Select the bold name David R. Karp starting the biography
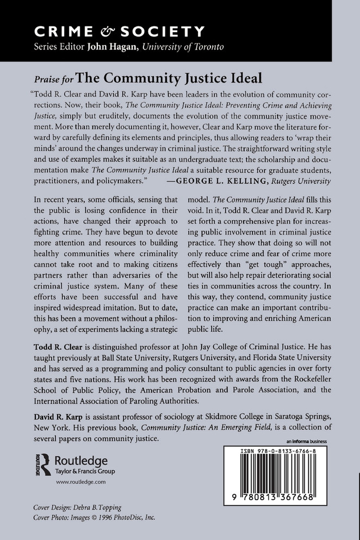52,416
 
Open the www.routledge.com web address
80,482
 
